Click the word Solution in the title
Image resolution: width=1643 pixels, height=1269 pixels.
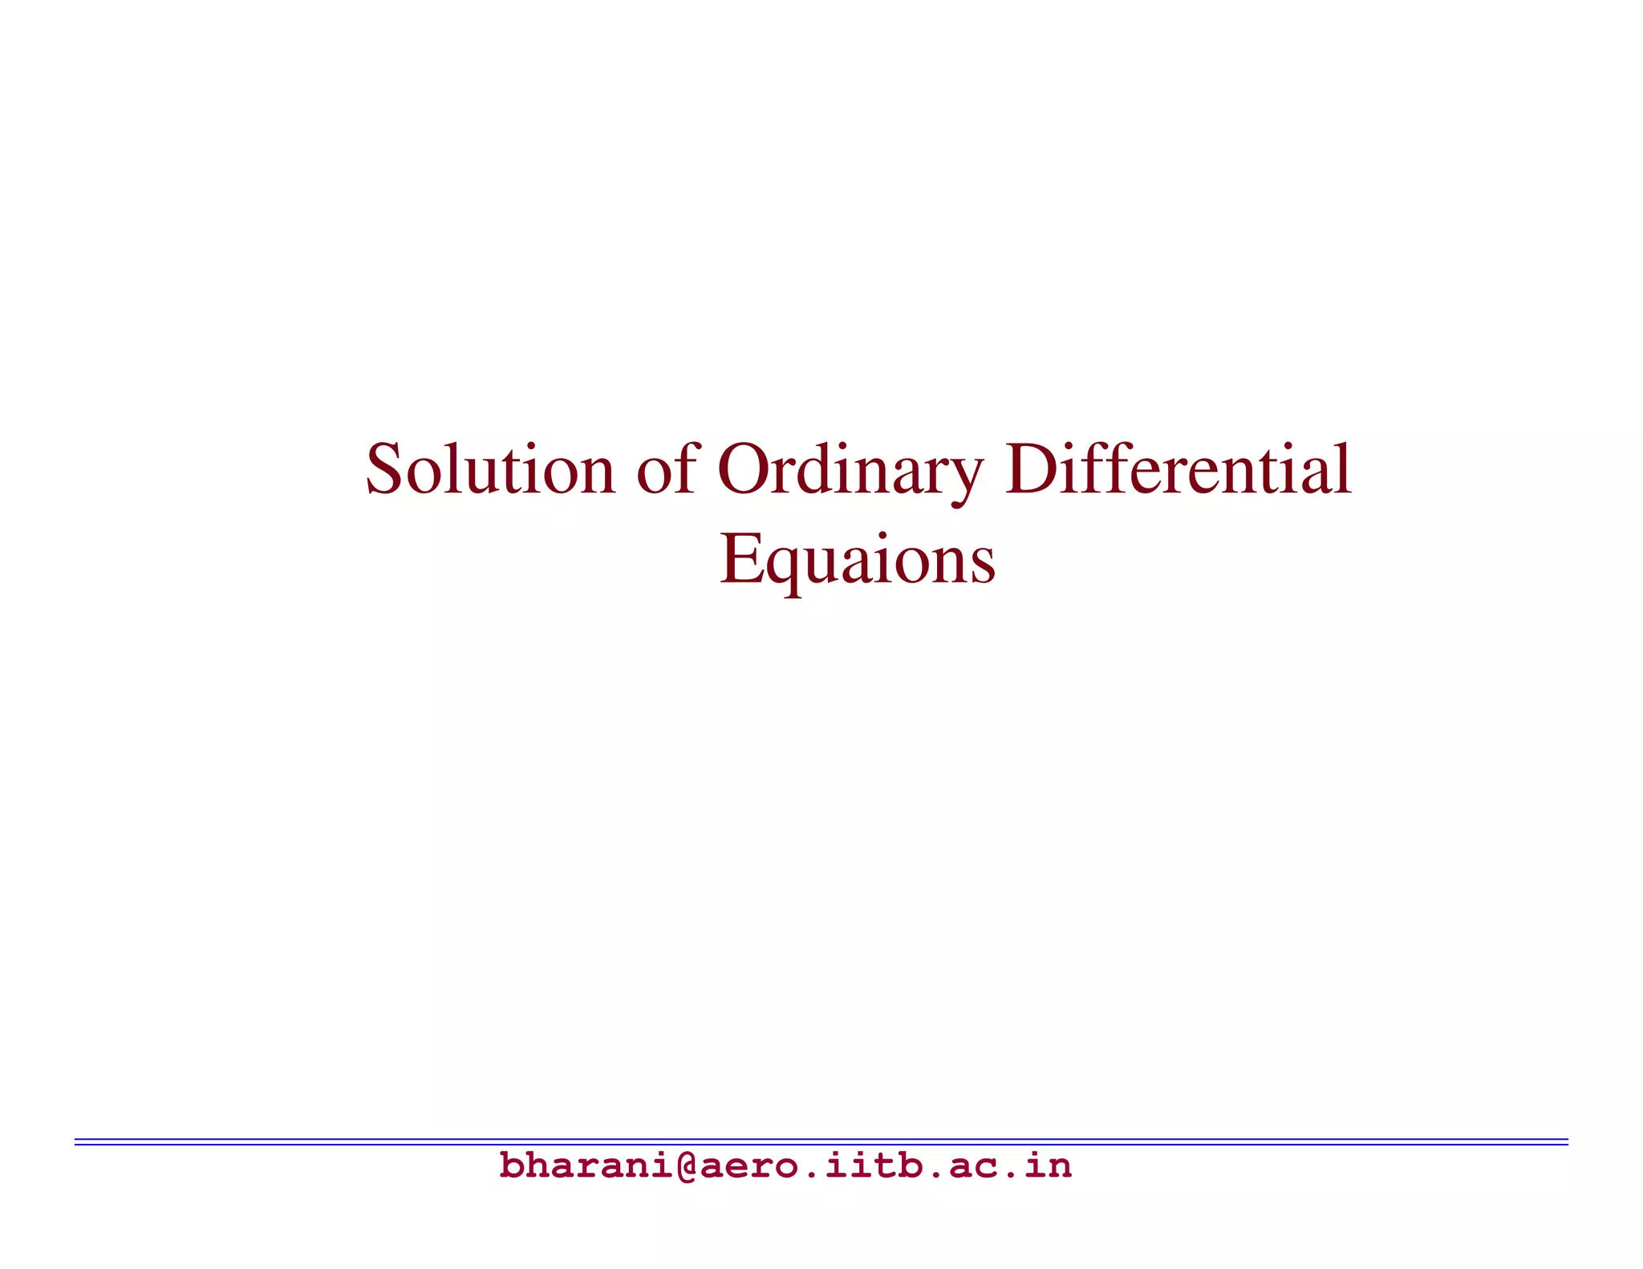(x=490, y=469)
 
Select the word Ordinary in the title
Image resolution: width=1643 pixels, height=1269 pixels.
(x=850, y=469)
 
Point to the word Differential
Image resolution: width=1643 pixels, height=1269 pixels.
(x=1178, y=469)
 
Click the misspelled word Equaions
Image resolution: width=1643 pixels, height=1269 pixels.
(x=858, y=560)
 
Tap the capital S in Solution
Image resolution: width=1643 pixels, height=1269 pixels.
(x=383, y=469)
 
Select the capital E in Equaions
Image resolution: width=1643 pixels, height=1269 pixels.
(x=739, y=558)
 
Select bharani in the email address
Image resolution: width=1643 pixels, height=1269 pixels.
(x=586, y=1166)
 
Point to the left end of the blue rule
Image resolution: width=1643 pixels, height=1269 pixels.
(x=77, y=1141)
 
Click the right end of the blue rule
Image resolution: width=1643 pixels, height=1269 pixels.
(x=1566, y=1141)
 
